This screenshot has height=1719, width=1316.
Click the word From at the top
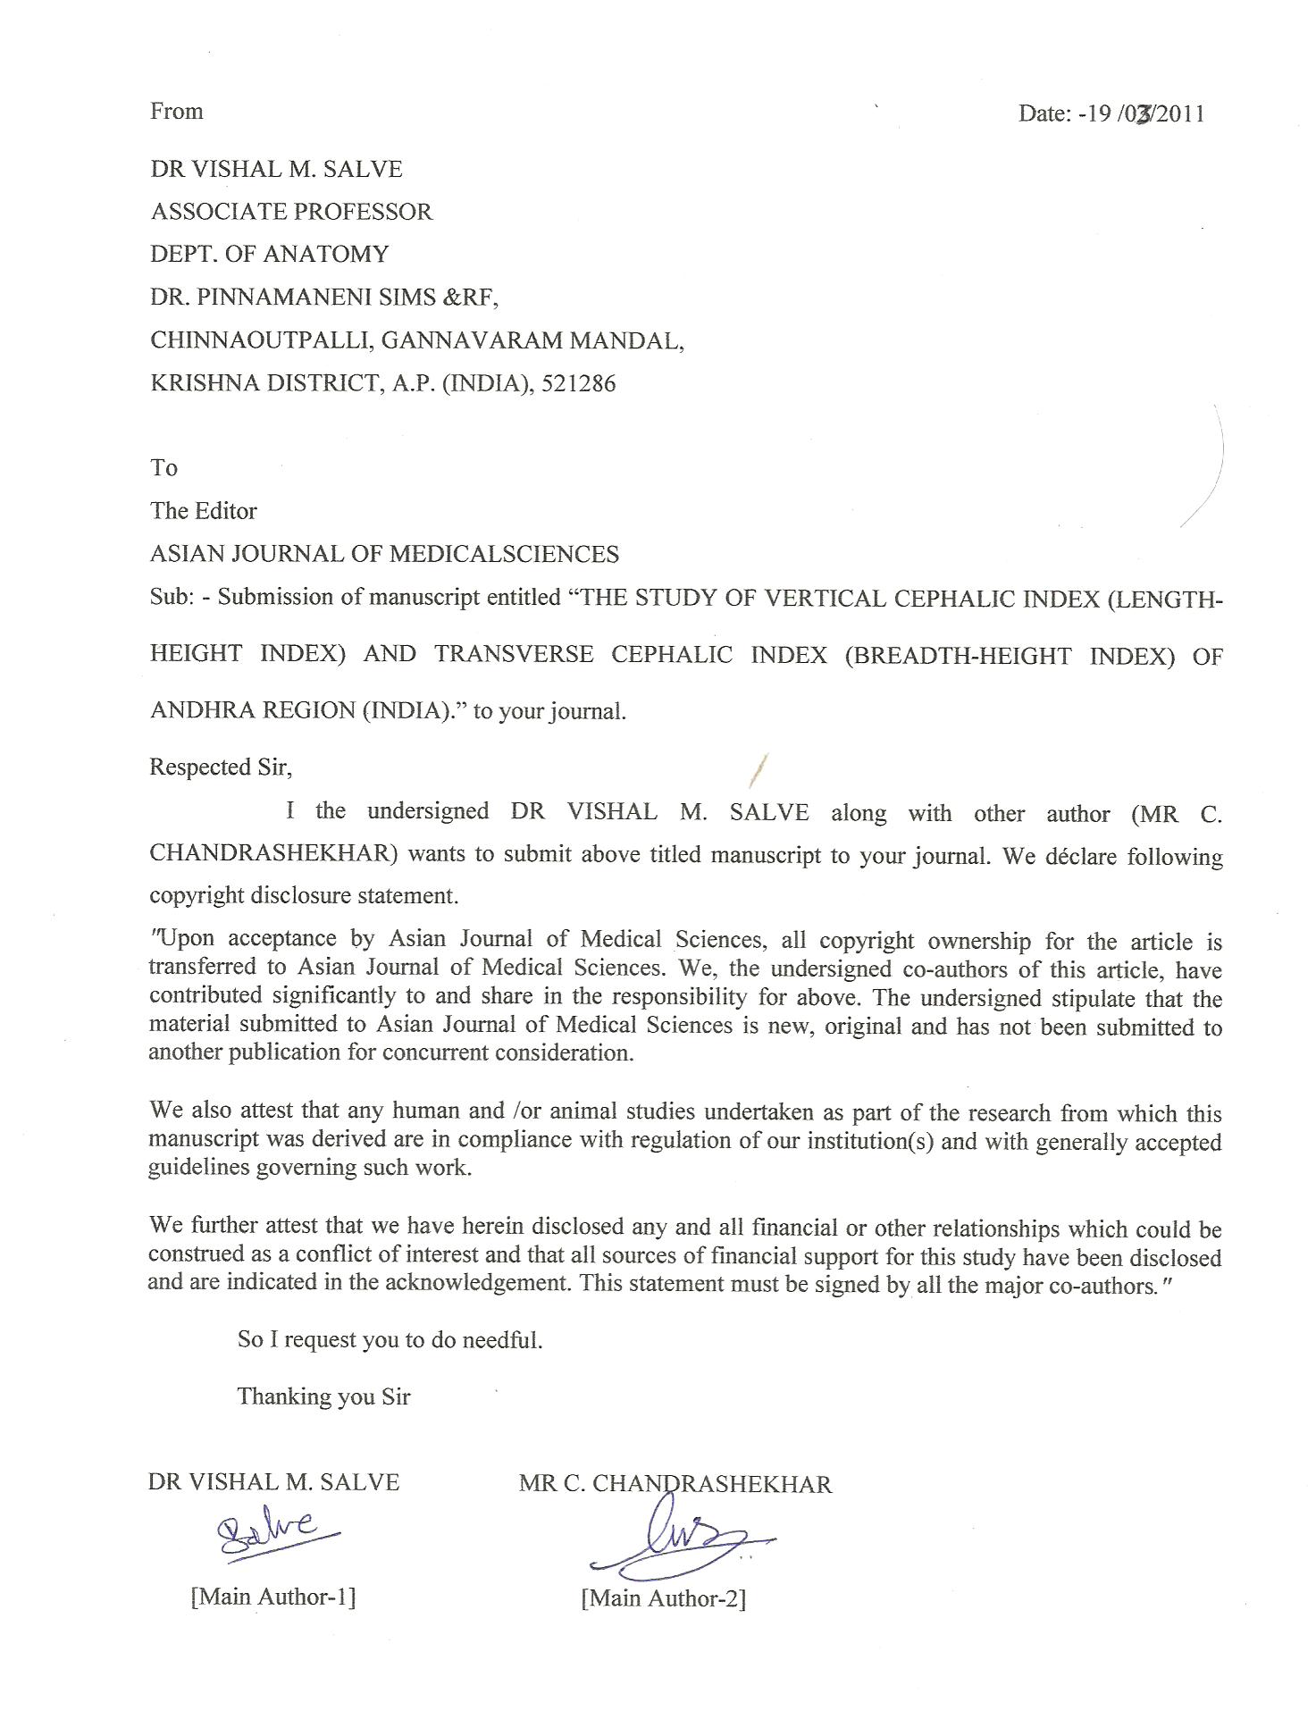[177, 111]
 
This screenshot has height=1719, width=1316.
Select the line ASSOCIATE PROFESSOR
[291, 212]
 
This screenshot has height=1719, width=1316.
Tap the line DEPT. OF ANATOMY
[269, 255]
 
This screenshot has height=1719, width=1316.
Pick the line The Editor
[204, 511]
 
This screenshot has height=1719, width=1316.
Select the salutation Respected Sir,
[221, 767]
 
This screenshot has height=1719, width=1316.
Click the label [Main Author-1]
[273, 1597]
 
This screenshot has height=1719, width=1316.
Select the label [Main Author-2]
[663, 1598]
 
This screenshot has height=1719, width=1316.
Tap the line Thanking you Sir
[323, 1396]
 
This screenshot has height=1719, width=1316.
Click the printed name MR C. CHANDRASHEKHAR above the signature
[675, 1484]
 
